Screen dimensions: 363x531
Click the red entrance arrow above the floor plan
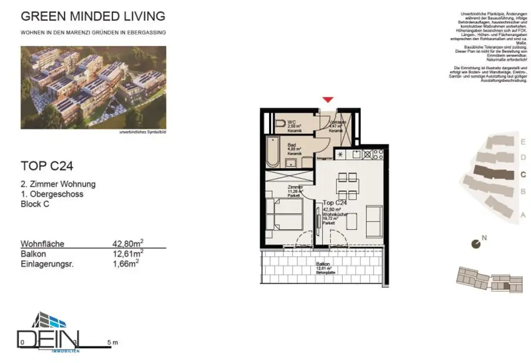(x=328, y=100)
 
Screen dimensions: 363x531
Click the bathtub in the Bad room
(x=273, y=152)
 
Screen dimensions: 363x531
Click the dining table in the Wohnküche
(x=347, y=186)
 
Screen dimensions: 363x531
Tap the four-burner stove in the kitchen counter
(x=375, y=153)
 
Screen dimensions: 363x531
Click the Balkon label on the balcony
(x=323, y=264)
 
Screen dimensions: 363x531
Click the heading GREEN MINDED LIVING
(x=93, y=16)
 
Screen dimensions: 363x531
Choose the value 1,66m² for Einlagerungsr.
(x=125, y=263)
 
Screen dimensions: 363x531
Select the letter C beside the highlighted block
(x=523, y=175)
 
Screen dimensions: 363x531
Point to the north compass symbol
(x=475, y=243)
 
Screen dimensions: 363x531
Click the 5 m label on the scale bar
(x=112, y=342)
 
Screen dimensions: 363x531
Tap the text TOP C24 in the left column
(x=47, y=166)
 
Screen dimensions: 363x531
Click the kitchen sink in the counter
(x=357, y=153)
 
